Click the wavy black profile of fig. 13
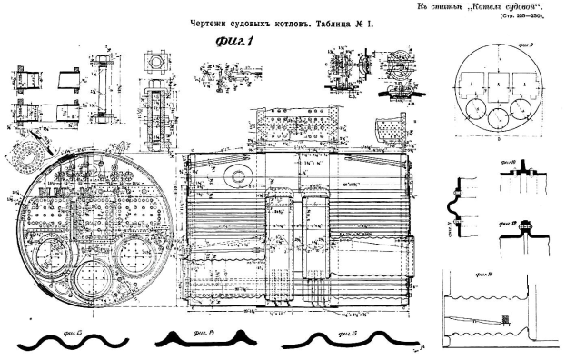point(63,341)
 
